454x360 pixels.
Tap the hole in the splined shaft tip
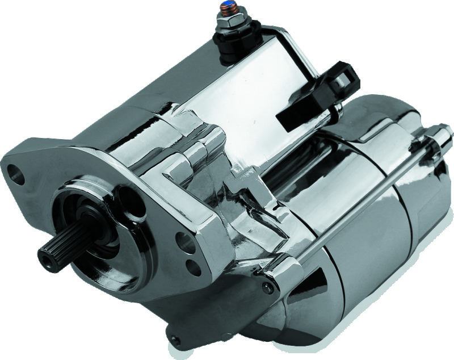point(44,257)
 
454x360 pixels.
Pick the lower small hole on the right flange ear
point(194,266)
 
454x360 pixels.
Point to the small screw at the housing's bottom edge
point(176,340)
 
